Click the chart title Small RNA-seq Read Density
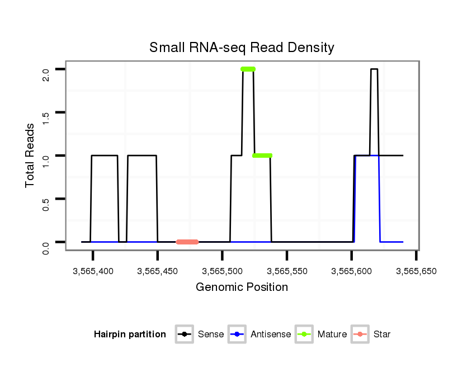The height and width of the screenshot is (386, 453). pyautogui.click(x=242, y=48)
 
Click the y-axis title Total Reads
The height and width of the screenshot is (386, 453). pyautogui.click(x=31, y=155)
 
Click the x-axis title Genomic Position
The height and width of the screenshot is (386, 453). pyautogui.click(x=242, y=288)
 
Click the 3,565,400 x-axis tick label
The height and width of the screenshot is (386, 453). pyautogui.click(x=93, y=271)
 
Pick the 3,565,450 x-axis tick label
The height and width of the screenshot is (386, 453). pyautogui.click(x=158, y=271)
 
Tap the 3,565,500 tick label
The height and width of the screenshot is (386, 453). pyautogui.click(x=222, y=271)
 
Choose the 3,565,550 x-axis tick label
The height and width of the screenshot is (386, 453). pyautogui.click(x=287, y=271)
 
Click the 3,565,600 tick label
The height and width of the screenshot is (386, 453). pyautogui.click(x=351, y=271)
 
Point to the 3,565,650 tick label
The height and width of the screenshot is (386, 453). pyautogui.click(x=416, y=271)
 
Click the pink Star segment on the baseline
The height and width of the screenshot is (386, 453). pyautogui.click(x=187, y=242)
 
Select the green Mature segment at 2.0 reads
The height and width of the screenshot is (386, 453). pyautogui.click(x=248, y=69)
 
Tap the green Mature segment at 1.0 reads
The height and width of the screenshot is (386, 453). pyautogui.click(x=262, y=155)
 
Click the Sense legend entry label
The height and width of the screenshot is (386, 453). pyautogui.click(x=211, y=335)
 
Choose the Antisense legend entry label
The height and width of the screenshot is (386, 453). pyautogui.click(x=271, y=335)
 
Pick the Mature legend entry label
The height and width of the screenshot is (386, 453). pyautogui.click(x=332, y=335)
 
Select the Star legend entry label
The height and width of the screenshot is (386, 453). pyautogui.click(x=382, y=335)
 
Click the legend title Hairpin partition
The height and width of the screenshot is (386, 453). pyautogui.click(x=130, y=335)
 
